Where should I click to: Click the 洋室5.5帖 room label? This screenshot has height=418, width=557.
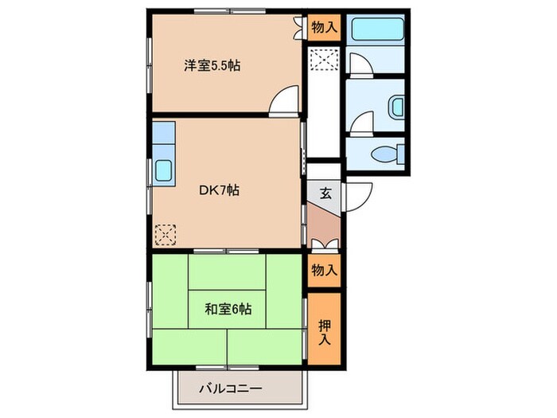[x=212, y=66]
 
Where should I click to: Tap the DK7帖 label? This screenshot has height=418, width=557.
[x=219, y=190]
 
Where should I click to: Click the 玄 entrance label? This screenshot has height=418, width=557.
[x=325, y=192]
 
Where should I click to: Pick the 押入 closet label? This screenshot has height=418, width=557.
[x=325, y=330]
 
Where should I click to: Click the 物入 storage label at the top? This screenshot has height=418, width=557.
[x=324, y=28]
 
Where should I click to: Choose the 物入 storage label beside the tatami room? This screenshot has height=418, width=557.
[x=324, y=270]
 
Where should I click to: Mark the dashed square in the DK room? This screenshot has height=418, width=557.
[x=166, y=234]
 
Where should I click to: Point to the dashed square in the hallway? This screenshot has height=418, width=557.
[x=324, y=59]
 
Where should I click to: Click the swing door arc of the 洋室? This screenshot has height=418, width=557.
[x=284, y=101]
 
